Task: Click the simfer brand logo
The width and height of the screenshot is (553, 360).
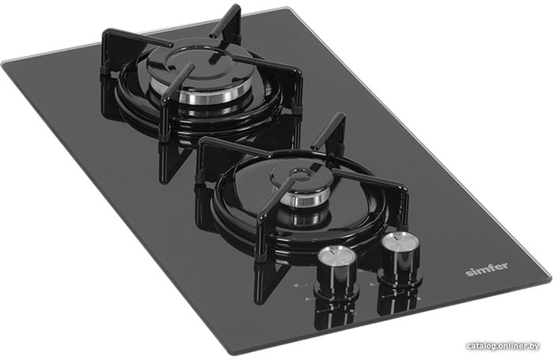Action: pyautogui.click(x=487, y=269)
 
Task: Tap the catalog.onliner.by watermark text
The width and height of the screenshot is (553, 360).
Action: pyautogui.click(x=503, y=347)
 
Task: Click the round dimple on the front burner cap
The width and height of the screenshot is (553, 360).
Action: pyautogui.click(x=299, y=174)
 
